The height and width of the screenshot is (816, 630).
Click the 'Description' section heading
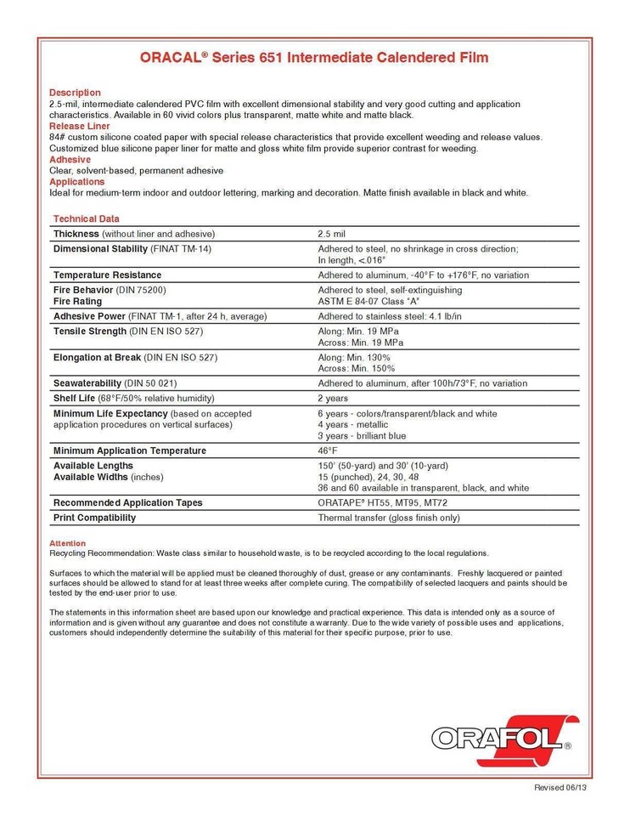click(x=75, y=93)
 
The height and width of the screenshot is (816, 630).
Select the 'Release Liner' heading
click(x=79, y=126)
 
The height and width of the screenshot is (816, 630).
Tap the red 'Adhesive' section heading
click(x=70, y=159)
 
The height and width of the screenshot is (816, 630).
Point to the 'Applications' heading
click(x=77, y=182)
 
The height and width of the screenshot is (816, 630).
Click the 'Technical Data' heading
click(x=86, y=218)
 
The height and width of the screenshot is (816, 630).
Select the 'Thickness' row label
click(x=76, y=234)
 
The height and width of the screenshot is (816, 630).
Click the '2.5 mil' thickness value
click(x=331, y=234)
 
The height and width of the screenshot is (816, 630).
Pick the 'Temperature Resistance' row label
click(x=107, y=275)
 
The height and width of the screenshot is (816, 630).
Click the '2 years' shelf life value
click(x=334, y=398)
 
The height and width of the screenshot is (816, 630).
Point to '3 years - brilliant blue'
click(x=362, y=436)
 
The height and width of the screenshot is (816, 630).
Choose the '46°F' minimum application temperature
click(x=328, y=450)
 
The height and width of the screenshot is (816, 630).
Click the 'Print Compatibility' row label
click(x=94, y=518)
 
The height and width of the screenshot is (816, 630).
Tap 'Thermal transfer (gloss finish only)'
click(x=389, y=518)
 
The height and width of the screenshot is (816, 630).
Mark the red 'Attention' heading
click(x=67, y=543)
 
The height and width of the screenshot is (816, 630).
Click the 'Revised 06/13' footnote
click(x=560, y=788)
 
